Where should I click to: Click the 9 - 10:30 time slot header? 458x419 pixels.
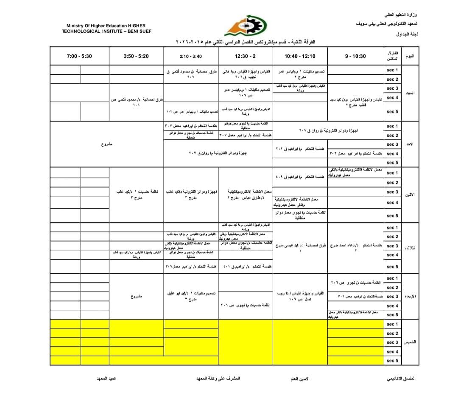pyautogui.click(x=355, y=56)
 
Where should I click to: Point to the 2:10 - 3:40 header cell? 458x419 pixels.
pyautogui.click(x=191, y=56)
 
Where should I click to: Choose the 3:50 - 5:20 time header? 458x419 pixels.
pyautogui.click(x=137, y=56)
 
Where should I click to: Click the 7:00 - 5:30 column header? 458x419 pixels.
pyautogui.click(x=79, y=56)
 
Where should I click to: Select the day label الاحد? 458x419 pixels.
pyautogui.click(x=410, y=144)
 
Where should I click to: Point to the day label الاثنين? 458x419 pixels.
pyautogui.click(x=410, y=195)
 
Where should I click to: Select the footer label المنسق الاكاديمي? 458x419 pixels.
pyautogui.click(x=402, y=378)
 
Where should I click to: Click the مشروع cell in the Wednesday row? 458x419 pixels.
pyautogui.click(x=137, y=296)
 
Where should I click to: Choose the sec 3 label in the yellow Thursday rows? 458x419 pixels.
pyautogui.click(x=392, y=343)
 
